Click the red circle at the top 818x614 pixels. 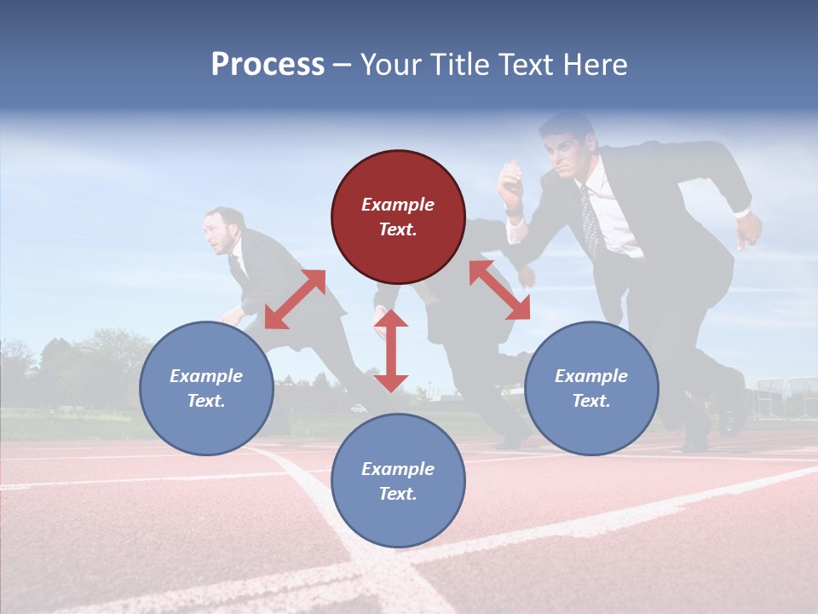pyautogui.click(x=398, y=217)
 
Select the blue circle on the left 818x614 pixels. pyautogui.click(x=206, y=389)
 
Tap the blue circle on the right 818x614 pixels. pyautogui.click(x=591, y=389)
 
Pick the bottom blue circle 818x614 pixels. pyautogui.click(x=398, y=481)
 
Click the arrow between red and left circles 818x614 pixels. pyautogui.click(x=295, y=299)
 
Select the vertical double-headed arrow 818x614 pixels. pyautogui.click(x=391, y=350)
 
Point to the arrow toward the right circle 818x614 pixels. pyautogui.click(x=499, y=290)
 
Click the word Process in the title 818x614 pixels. pyautogui.click(x=268, y=65)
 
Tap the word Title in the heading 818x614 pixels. pyautogui.click(x=461, y=65)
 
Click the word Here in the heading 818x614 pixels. pyautogui.click(x=596, y=65)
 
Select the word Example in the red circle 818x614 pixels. pyautogui.click(x=398, y=205)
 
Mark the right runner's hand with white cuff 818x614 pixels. pyautogui.click(x=749, y=229)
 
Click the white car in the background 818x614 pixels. pyautogui.click(x=359, y=408)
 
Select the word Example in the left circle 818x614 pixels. pyautogui.click(x=206, y=376)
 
